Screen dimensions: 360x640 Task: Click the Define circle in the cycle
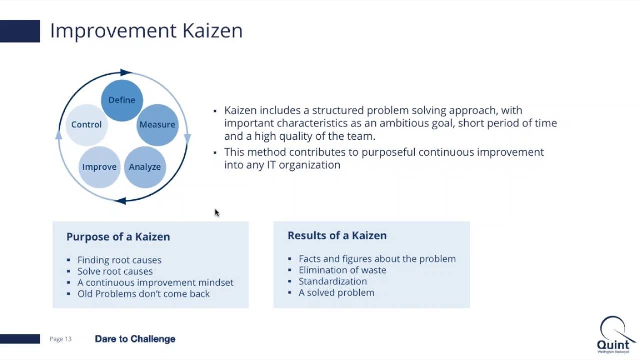pos(122,100)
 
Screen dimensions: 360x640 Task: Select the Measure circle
pos(157,125)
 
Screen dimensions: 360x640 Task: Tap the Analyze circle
pos(145,167)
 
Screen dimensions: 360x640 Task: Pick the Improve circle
pos(99,167)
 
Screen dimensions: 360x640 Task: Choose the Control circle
pos(86,125)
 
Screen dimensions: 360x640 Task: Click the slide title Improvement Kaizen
pos(146,31)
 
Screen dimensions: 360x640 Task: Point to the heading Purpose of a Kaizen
pos(118,237)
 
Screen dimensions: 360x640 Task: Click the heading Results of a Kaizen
pos(337,235)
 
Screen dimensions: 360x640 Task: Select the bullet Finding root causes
pos(119,260)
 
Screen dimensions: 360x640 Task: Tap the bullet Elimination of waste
pos(342,270)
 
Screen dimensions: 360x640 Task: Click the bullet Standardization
pos(333,281)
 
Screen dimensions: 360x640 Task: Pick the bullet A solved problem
pos(336,292)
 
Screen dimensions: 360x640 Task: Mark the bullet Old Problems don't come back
pos(143,294)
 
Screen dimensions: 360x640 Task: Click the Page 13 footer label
pos(60,339)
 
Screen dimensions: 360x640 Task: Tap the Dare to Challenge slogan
pos(135,339)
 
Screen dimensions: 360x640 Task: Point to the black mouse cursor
pos(217,213)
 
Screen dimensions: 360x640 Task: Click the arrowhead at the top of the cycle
pos(125,73)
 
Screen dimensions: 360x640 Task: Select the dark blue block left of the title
pos(20,31)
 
